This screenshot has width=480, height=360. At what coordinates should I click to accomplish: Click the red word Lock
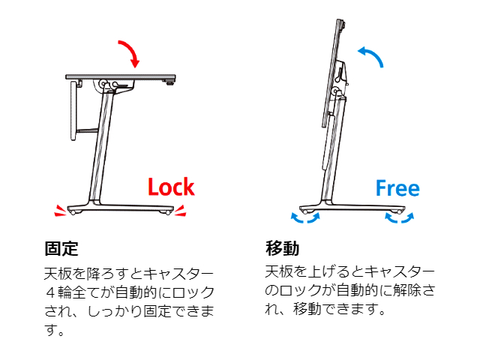coord(171,187)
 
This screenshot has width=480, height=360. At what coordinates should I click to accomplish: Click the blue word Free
coord(397,188)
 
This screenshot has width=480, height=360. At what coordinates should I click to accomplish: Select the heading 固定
coord(61,248)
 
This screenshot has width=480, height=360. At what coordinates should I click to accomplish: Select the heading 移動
coord(282,248)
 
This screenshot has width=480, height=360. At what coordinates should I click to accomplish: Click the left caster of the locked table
coord(73,211)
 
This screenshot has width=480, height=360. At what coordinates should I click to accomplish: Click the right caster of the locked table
coord(167,211)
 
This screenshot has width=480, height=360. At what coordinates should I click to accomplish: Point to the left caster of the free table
coord(304,211)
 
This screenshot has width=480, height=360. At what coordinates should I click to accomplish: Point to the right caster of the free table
coord(399,211)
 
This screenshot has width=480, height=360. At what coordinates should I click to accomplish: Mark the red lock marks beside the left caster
coord(60,210)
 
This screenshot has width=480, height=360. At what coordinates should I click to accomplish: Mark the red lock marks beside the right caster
coord(180,210)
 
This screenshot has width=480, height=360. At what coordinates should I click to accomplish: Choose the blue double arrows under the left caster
coord(305,217)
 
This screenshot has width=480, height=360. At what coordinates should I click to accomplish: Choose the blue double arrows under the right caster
coord(400,217)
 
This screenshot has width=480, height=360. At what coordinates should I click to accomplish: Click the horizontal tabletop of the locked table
coord(121,76)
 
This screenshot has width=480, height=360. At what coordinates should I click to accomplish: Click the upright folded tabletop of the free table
coord(331,73)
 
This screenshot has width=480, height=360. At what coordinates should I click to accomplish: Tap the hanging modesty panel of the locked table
coord(73,111)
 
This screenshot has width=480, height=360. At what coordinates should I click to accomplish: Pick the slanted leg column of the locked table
coord(101,147)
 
